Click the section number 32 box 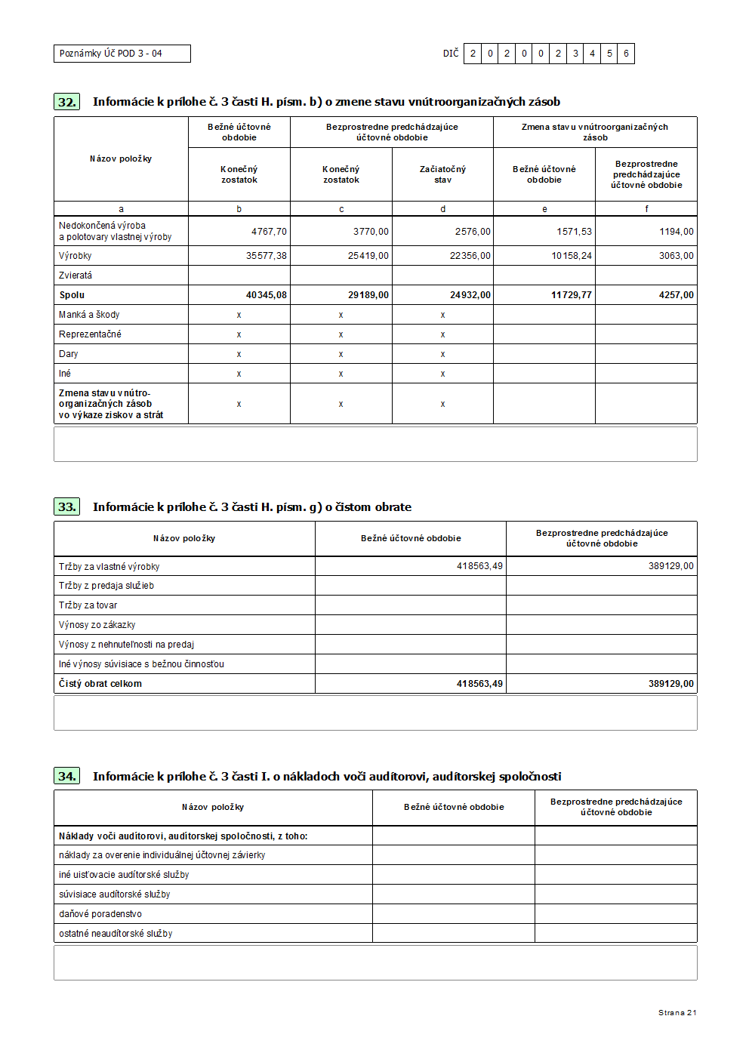[x=67, y=102]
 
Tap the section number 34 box [x=67, y=776]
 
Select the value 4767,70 [x=269, y=232]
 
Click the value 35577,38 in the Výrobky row [x=266, y=256]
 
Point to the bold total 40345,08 [x=266, y=295]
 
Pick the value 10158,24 [x=572, y=256]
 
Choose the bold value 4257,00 [x=676, y=295]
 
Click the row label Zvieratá [x=76, y=276]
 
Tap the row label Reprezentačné [x=90, y=334]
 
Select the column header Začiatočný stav [x=442, y=174]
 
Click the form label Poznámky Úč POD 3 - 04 [x=111, y=54]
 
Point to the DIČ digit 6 [x=626, y=54]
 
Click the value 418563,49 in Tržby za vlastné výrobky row [x=479, y=566]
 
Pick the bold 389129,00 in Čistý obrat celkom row [x=670, y=684]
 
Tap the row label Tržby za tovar [x=88, y=605]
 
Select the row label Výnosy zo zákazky [x=97, y=625]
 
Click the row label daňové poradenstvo [x=100, y=914]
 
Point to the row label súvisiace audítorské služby [x=115, y=894]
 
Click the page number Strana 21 [x=677, y=1013]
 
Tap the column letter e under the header [x=544, y=209]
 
